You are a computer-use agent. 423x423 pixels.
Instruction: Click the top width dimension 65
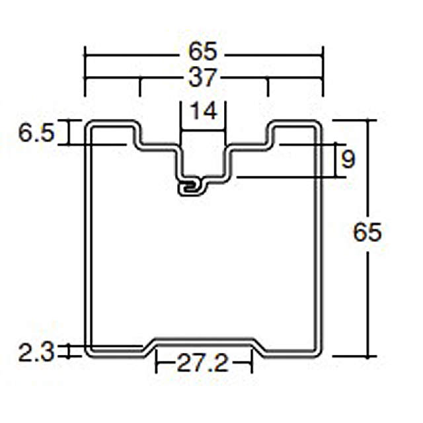click(x=203, y=52)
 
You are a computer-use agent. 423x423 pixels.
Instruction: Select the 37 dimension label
click(x=203, y=78)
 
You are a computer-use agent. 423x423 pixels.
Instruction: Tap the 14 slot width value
click(x=204, y=111)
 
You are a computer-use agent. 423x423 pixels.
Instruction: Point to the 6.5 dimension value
click(x=36, y=133)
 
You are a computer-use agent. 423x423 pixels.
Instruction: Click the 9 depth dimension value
click(x=348, y=159)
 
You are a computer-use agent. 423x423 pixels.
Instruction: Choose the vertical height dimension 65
click(x=367, y=232)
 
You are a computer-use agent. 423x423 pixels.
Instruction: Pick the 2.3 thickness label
click(x=36, y=352)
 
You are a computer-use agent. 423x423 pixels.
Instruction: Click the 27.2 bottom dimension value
click(x=203, y=363)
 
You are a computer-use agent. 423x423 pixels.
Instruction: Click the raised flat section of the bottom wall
click(x=204, y=341)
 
